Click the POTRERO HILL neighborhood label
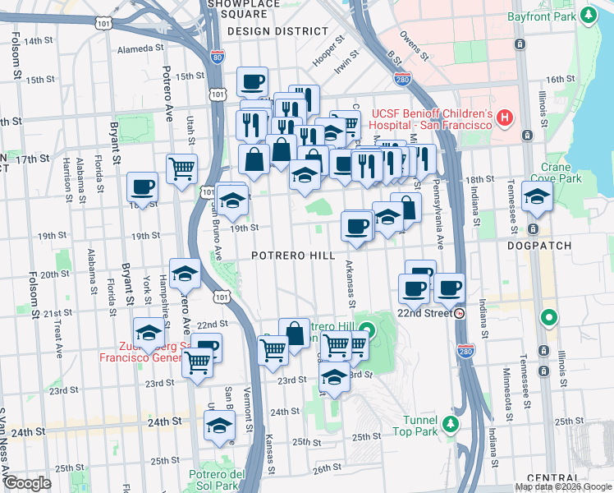(x=293, y=256)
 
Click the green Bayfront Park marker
(x=589, y=15)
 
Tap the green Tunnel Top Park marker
(x=450, y=424)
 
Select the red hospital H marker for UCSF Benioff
(x=504, y=118)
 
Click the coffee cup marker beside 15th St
(x=252, y=82)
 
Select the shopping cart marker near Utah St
(x=181, y=169)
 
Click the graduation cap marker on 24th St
(x=219, y=426)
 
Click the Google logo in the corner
(x=27, y=483)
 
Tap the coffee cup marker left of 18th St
(x=142, y=187)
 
